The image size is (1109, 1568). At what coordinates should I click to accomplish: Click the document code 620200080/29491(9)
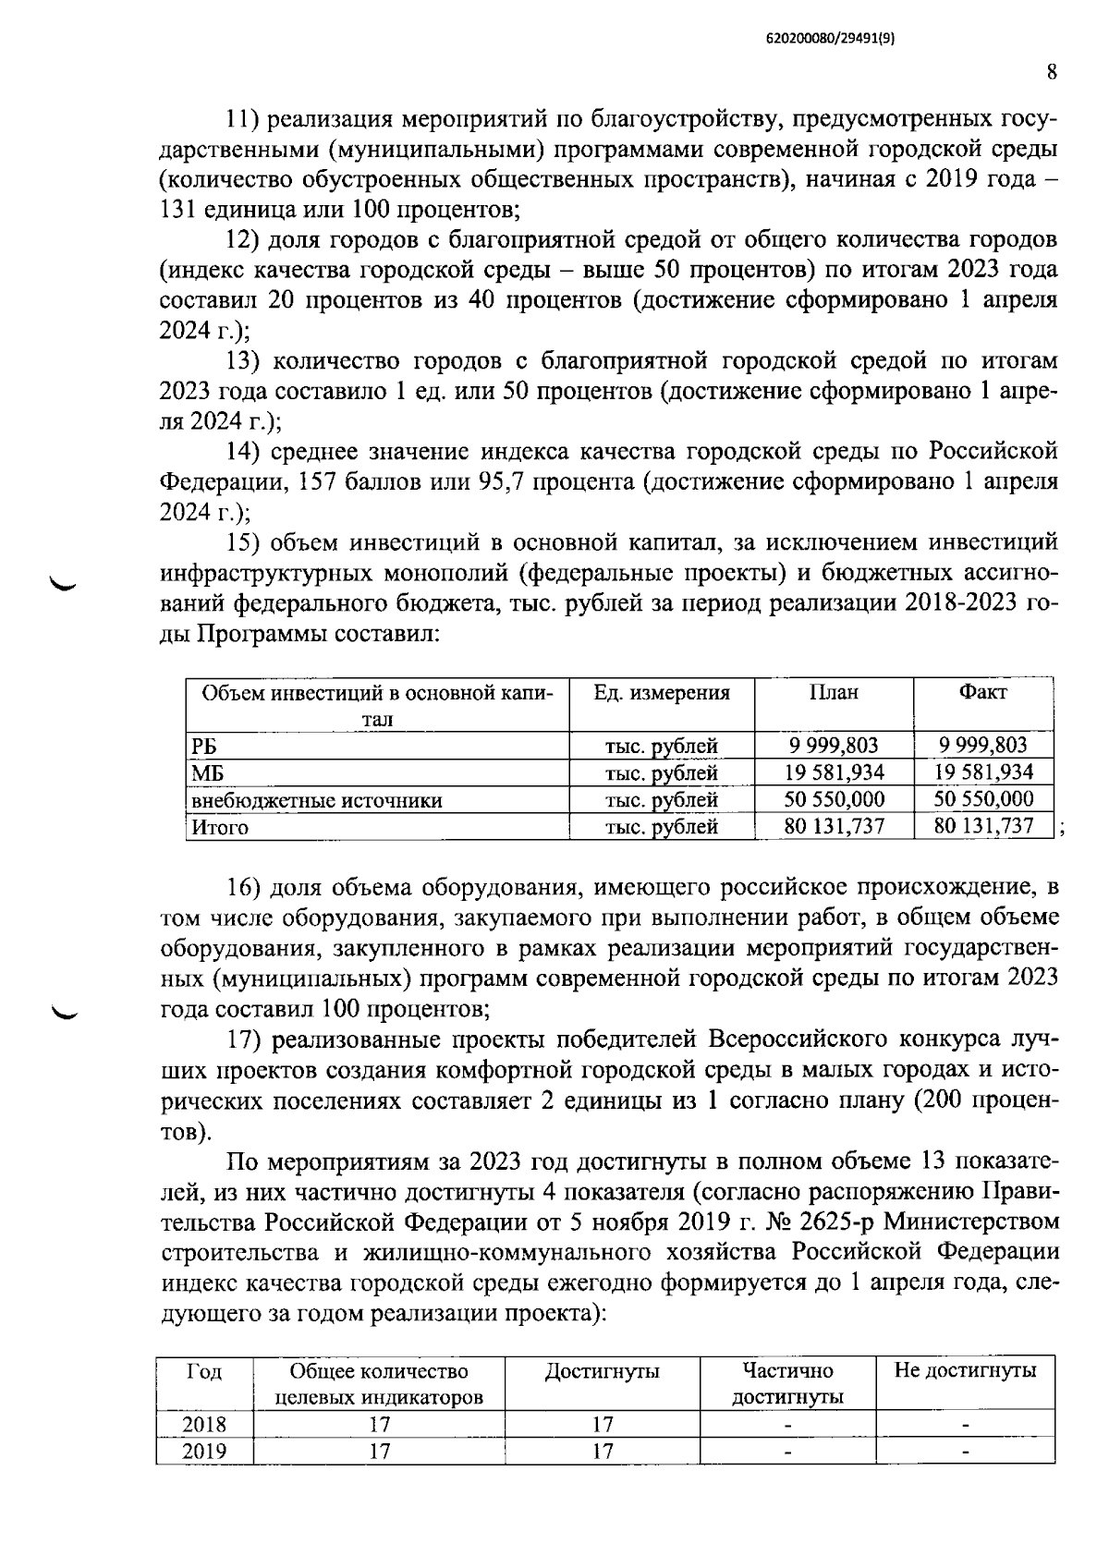832,38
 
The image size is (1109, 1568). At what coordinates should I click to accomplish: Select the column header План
834,693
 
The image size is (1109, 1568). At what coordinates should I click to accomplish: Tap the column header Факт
983,693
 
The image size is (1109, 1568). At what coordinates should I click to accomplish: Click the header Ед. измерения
662,693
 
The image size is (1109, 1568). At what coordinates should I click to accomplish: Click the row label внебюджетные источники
316,800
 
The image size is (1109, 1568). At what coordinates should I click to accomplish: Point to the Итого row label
220,827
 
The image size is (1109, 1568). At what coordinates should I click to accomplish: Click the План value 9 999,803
834,746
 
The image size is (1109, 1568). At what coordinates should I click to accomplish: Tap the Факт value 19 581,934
983,772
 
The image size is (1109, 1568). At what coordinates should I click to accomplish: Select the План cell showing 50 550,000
834,799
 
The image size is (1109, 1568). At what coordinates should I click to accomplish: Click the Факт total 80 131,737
983,826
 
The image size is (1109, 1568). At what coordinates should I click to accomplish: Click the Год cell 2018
204,1424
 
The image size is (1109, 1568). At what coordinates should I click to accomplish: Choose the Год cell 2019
204,1451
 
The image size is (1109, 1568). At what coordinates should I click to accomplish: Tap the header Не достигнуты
965,1370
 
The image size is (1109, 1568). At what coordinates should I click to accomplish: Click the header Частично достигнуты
787,1383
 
